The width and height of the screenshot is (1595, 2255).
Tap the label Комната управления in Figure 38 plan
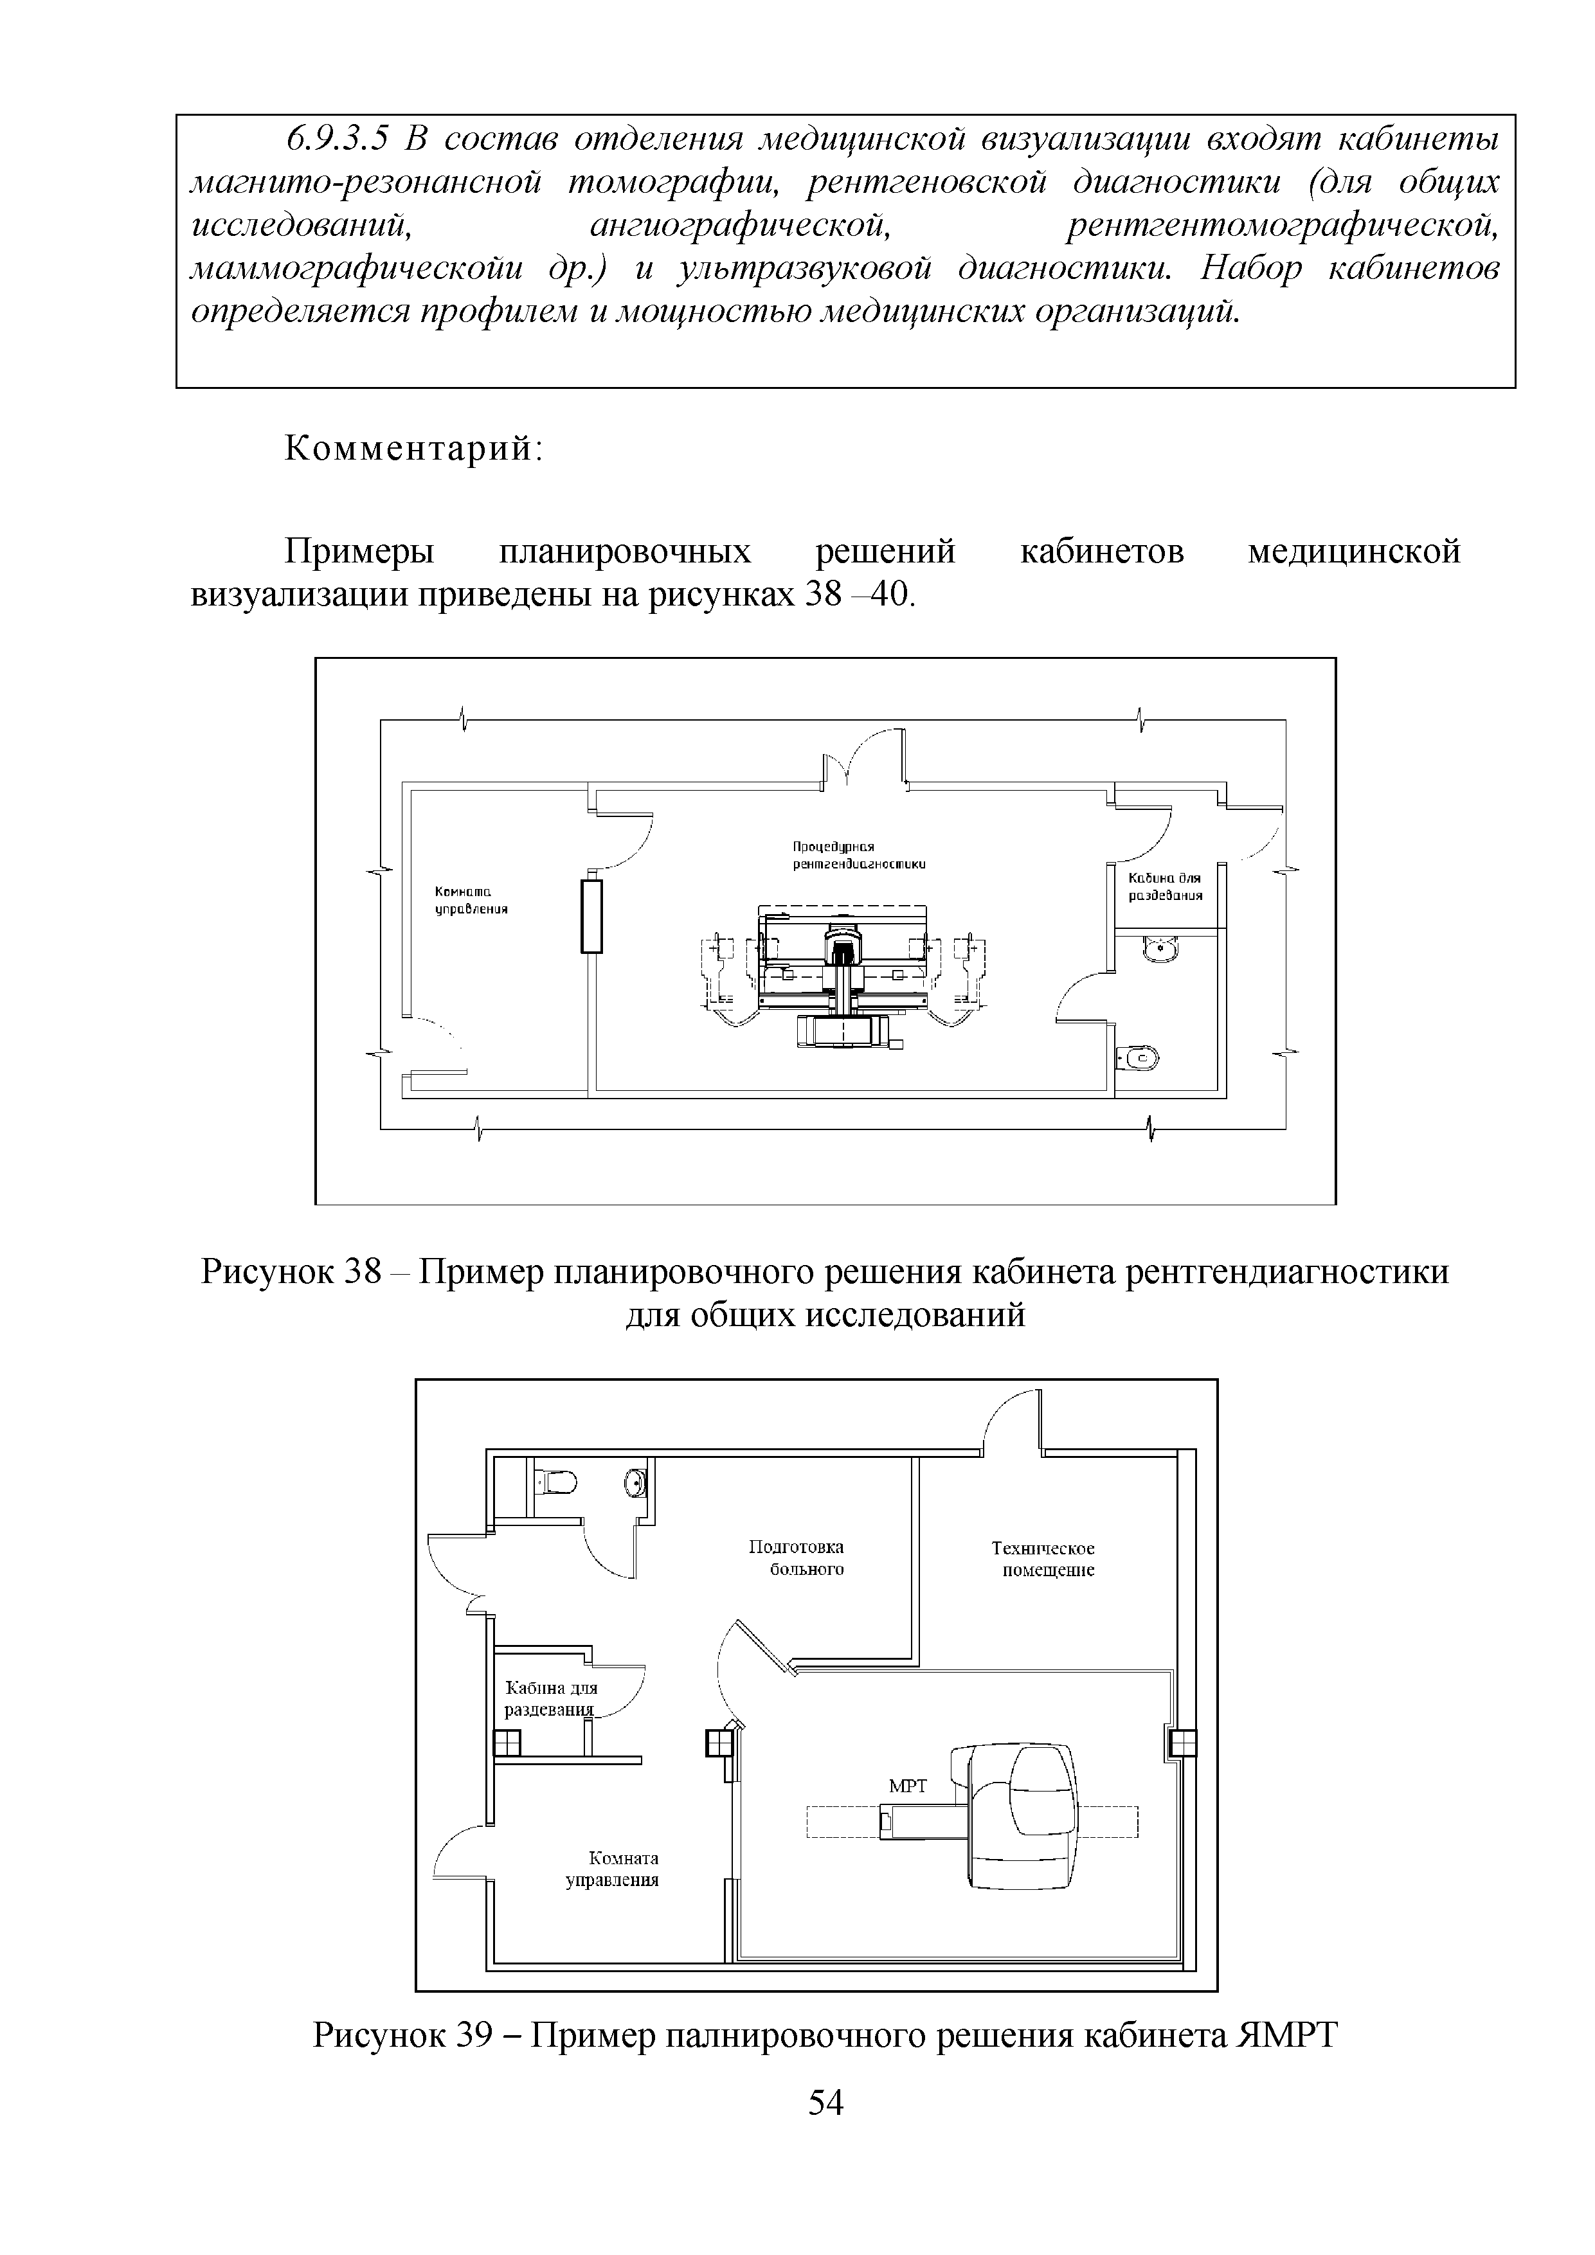tap(471, 900)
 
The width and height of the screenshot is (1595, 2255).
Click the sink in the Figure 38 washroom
tap(1164, 949)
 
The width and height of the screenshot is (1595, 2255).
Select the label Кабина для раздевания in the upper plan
tap(1165, 887)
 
